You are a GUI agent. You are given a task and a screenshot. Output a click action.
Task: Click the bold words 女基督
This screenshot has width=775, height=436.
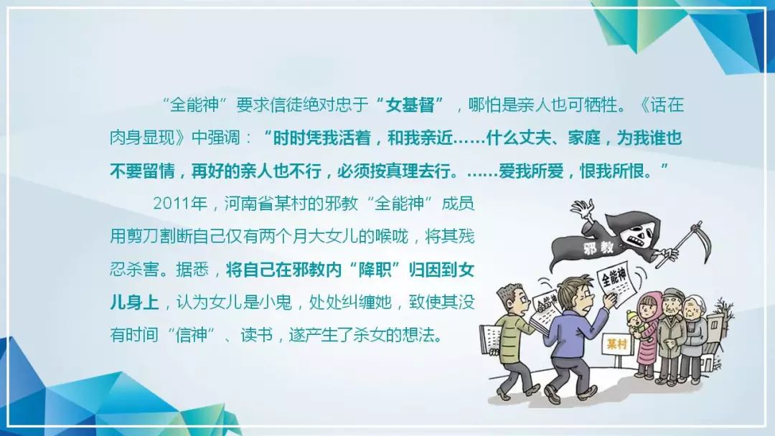click(x=410, y=105)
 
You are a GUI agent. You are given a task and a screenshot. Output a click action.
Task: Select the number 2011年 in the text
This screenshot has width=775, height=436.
click(x=180, y=204)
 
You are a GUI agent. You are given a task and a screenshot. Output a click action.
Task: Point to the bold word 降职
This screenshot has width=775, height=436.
click(x=375, y=270)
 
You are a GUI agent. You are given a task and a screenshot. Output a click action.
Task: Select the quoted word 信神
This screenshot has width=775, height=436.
click(x=192, y=336)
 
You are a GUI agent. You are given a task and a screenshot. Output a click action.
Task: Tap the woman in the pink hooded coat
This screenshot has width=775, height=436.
click(x=649, y=335)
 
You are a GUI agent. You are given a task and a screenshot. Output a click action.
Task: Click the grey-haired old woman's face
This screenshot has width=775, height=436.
click(x=693, y=309)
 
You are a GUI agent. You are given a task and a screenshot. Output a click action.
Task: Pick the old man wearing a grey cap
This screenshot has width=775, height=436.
click(x=671, y=336)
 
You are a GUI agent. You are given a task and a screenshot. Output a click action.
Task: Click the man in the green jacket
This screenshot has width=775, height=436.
click(x=514, y=341)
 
